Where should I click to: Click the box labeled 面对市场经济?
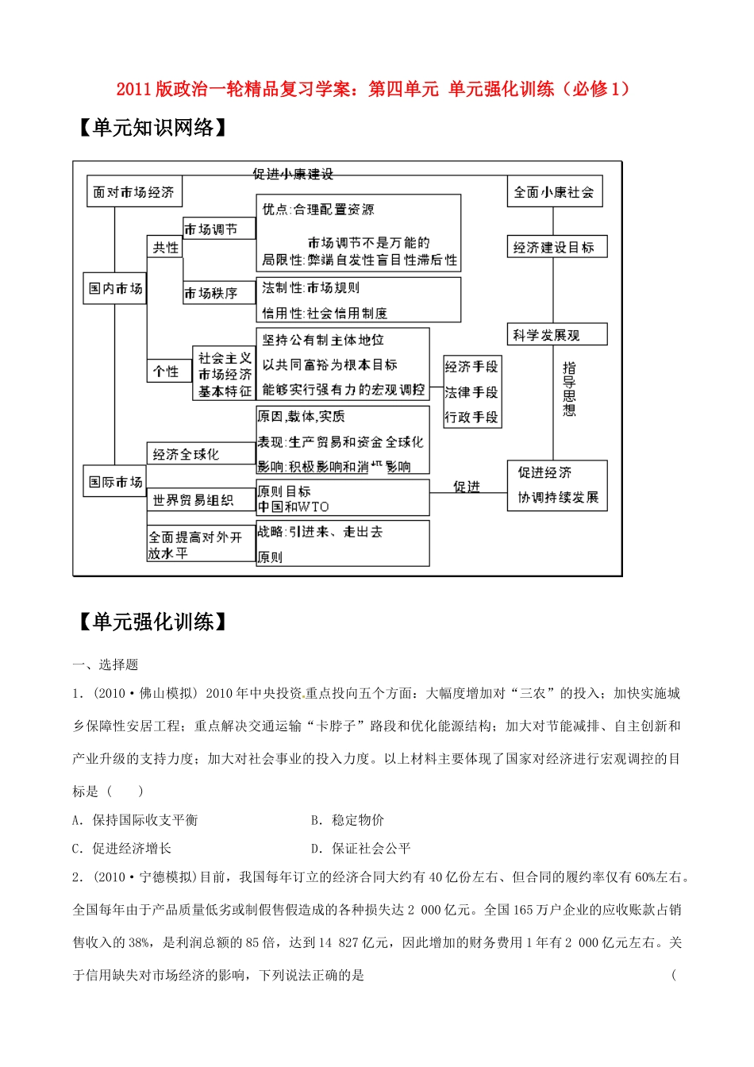[x=133, y=192]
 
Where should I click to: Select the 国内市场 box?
[x=116, y=288]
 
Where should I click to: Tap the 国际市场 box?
[x=116, y=482]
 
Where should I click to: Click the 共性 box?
[x=165, y=248]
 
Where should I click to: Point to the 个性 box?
[x=166, y=372]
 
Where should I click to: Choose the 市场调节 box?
[x=211, y=229]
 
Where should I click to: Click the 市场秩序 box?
[x=211, y=293]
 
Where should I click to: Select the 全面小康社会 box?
[x=554, y=192]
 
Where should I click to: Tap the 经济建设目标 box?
[x=554, y=247]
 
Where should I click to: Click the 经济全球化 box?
[x=186, y=454]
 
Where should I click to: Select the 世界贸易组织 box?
[x=193, y=500]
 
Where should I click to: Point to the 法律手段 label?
[x=471, y=392]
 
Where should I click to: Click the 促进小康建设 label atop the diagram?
[x=293, y=174]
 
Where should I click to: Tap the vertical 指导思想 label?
[x=569, y=389]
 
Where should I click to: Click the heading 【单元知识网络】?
[x=152, y=127]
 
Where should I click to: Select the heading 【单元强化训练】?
[x=152, y=622]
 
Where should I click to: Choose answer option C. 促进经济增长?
[x=122, y=849]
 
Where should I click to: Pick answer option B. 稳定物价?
[x=348, y=820]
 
